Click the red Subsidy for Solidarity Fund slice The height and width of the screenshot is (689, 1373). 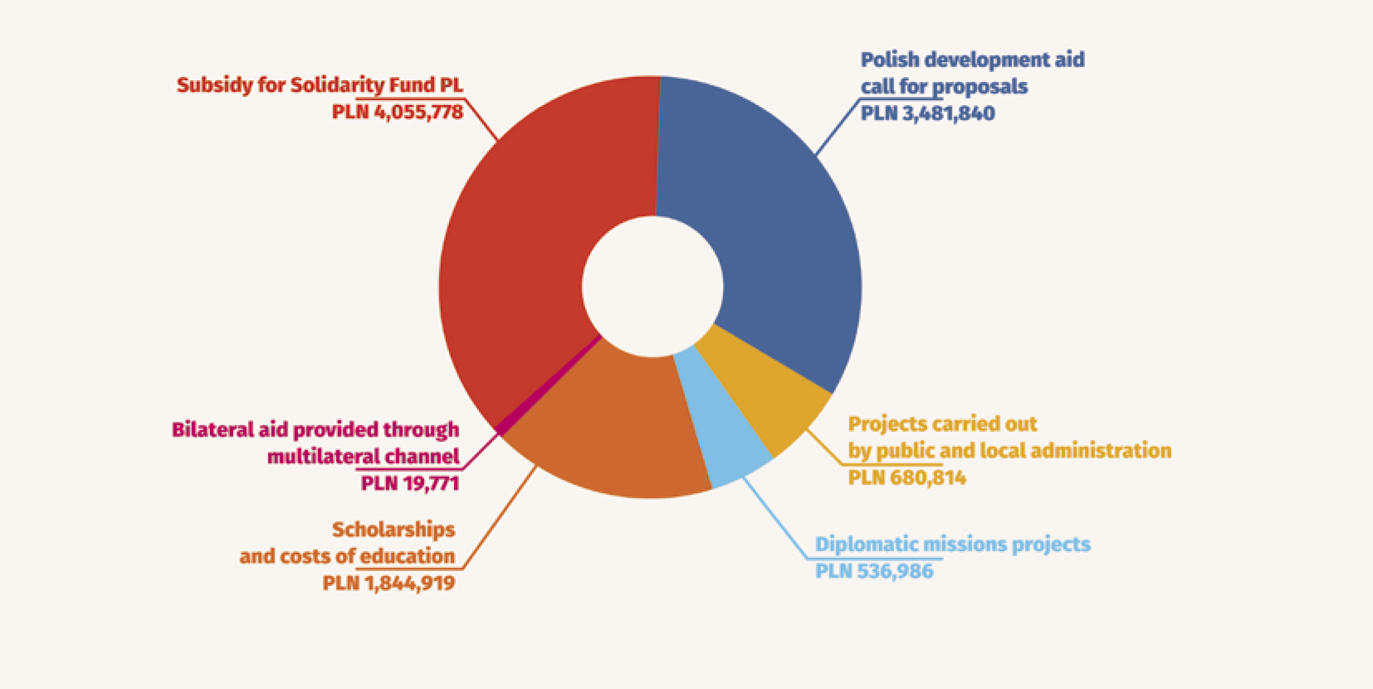click(526, 249)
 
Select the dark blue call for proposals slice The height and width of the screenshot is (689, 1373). click(775, 232)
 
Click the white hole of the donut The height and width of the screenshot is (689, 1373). click(652, 286)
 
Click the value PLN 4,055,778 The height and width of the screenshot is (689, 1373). click(397, 112)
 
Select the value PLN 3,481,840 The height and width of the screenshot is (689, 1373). click(927, 113)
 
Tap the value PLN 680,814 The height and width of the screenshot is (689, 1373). click(907, 478)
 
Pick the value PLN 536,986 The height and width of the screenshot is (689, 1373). click(874, 571)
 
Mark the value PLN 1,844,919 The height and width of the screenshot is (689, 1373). click(389, 583)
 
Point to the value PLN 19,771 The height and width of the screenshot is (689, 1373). click(410, 484)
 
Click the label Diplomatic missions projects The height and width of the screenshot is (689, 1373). click(952, 545)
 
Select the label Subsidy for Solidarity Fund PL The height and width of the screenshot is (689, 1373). click(319, 85)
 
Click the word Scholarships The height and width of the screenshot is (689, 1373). click(393, 530)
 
